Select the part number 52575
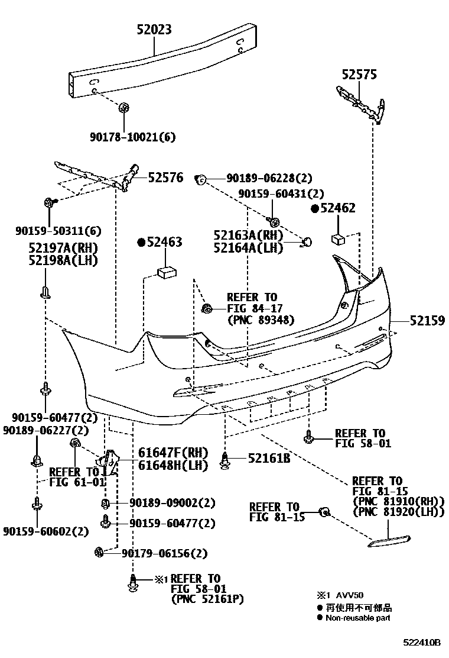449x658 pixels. click(x=359, y=75)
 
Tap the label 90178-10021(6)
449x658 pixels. click(x=132, y=137)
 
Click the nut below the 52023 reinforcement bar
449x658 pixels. click(x=123, y=108)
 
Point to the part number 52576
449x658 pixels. click(x=165, y=177)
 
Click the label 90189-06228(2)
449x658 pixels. click(x=269, y=178)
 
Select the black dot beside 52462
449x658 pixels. click(x=315, y=208)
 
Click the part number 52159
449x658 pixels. click(x=427, y=320)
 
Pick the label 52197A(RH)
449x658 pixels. click(x=64, y=248)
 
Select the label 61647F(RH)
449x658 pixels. click(x=174, y=453)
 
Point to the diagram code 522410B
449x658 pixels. click(x=422, y=642)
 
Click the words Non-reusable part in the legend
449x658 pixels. click(x=357, y=618)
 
